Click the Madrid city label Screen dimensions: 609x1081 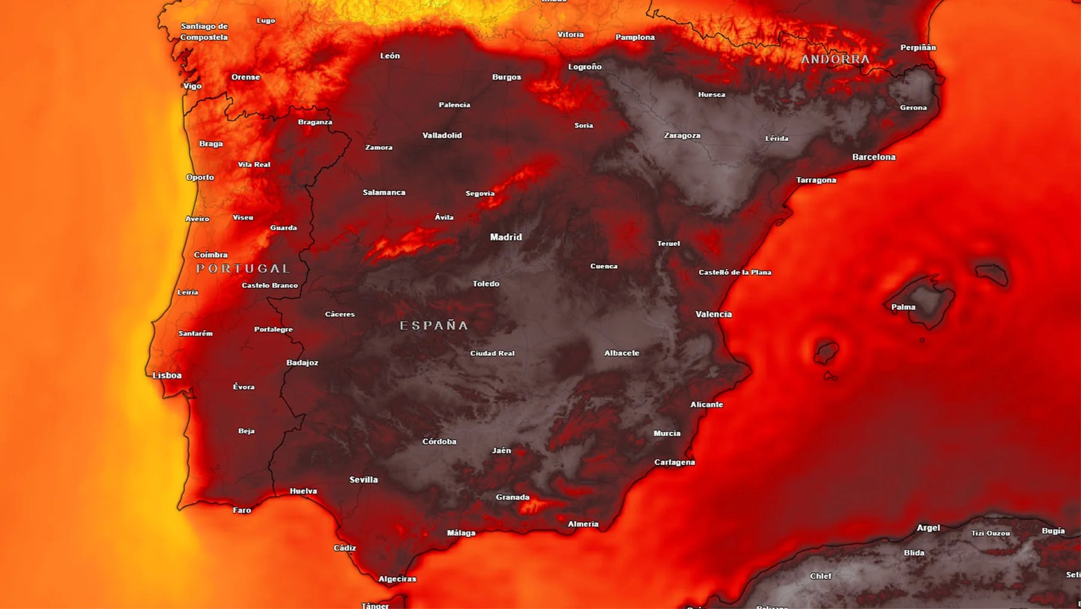(506, 237)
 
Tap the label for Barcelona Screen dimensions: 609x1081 (874, 157)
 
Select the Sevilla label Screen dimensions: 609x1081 (363, 480)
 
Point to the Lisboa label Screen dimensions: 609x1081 (167, 375)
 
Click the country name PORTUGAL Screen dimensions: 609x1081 (243, 269)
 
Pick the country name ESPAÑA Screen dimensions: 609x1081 (434, 325)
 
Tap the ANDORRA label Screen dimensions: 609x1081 (835, 59)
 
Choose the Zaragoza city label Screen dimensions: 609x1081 (682, 135)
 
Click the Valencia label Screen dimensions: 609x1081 (713, 314)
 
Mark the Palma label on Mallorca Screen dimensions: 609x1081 (903, 307)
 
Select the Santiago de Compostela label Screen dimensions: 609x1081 (204, 31)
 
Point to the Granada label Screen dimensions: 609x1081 (512, 497)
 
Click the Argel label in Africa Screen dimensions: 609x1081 (928, 528)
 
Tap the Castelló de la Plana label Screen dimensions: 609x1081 (734, 272)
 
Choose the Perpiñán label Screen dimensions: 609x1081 (918, 47)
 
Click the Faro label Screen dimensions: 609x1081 (242, 510)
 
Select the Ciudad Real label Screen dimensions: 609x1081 (492, 353)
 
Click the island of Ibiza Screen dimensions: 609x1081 (826, 351)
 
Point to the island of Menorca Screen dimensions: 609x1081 (992, 274)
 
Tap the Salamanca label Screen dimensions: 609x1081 (384, 192)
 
